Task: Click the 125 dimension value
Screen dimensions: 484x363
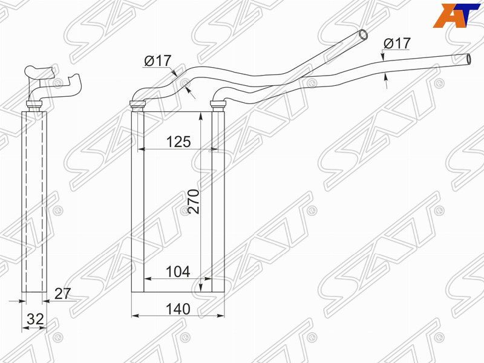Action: pos(178,142)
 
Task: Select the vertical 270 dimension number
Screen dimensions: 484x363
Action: pos(194,201)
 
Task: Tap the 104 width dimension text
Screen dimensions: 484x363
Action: pos(178,272)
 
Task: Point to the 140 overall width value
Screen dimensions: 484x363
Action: pos(178,309)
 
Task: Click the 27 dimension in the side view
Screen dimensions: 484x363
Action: pos(63,293)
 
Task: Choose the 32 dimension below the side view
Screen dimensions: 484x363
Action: pos(35,319)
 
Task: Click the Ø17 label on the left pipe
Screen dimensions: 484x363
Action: pos(157,61)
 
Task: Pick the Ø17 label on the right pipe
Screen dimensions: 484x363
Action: pos(397,44)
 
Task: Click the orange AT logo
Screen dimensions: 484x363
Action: pos(456,15)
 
